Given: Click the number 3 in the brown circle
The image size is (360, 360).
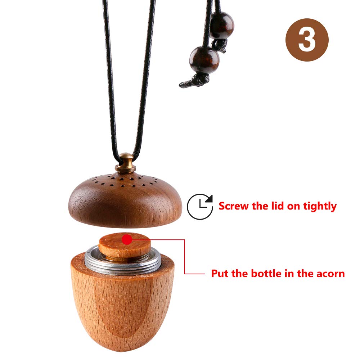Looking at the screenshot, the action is [x=307, y=40].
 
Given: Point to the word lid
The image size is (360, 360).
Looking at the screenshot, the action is [x=278, y=206].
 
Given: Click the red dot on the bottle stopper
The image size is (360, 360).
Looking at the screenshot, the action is [x=127, y=240].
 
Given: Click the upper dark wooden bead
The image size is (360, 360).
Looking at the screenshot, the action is [x=222, y=25].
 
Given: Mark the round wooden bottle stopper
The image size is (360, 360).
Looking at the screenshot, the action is [x=125, y=245].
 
